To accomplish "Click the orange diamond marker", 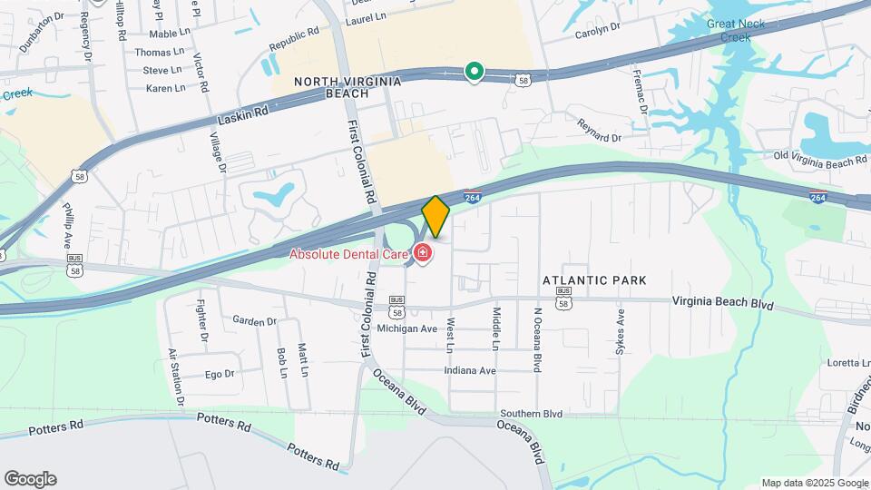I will point(435,217).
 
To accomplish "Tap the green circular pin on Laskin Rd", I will point(473,71).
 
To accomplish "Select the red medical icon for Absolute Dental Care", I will point(422,252).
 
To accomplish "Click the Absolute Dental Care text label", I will point(348,254).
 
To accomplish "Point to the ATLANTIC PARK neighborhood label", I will point(584,281).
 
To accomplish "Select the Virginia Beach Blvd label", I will point(722,303).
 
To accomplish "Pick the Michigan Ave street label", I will point(407,328).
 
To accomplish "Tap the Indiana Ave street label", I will point(470,370).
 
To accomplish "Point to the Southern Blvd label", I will point(531,414).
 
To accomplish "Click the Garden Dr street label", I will point(254,321).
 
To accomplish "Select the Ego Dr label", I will point(220,374).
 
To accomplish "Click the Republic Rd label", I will point(295,43).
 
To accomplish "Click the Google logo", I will point(30,479).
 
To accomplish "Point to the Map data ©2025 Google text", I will point(814,483).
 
